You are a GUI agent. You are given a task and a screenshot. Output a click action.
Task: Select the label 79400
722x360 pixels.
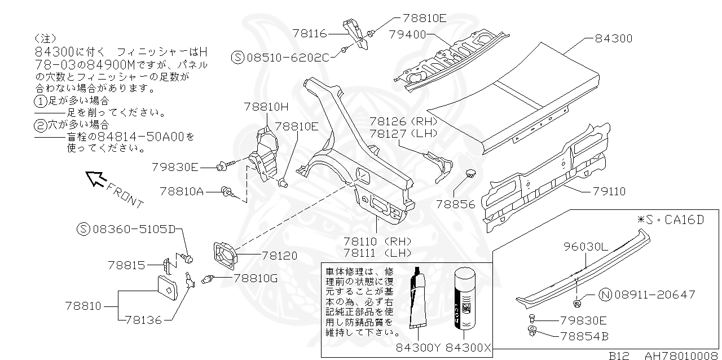click(407, 34)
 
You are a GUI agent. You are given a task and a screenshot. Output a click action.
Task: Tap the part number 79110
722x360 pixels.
click(609, 192)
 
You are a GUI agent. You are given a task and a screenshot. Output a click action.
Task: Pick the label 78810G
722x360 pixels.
click(256, 278)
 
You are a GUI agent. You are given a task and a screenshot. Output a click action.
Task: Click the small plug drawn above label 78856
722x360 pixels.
click(470, 172)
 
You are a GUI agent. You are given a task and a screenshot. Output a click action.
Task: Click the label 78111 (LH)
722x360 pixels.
click(377, 252)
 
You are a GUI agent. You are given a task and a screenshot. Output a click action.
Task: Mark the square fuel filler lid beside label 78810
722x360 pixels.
click(170, 290)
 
